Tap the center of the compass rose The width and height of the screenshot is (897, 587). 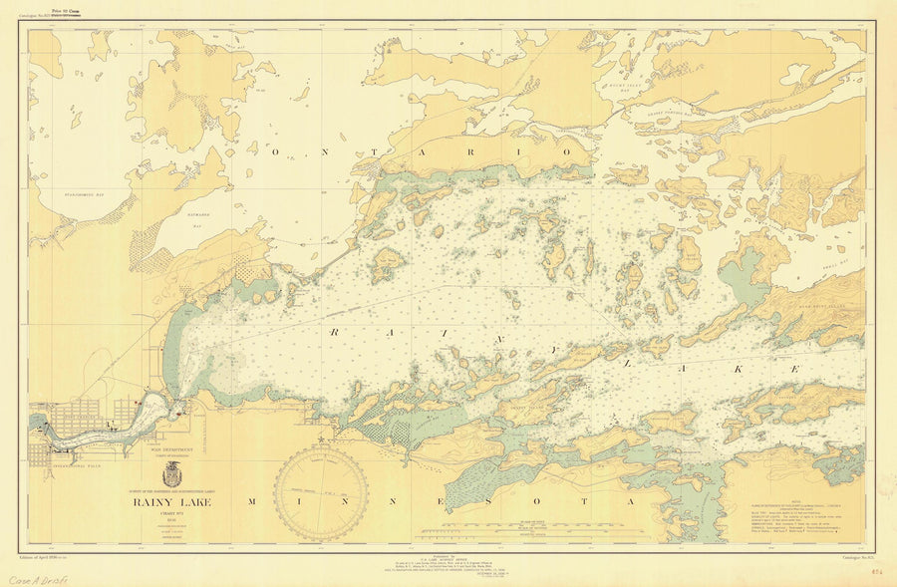tap(321, 492)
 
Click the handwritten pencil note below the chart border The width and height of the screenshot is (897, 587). tap(36, 579)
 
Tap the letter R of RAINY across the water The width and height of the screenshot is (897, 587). tap(335, 332)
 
